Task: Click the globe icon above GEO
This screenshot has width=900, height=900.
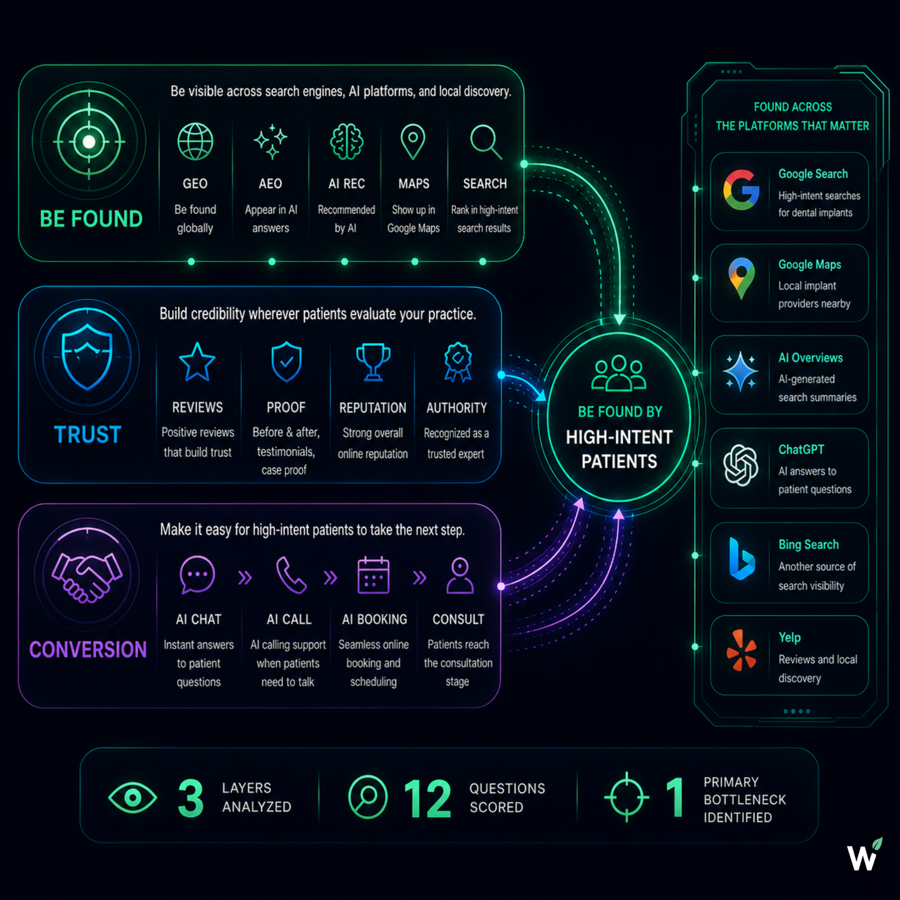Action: [195, 142]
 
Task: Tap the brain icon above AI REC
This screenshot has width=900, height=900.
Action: [346, 142]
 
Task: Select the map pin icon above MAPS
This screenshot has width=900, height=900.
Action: [413, 141]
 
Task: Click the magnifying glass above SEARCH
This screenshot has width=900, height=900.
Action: [485, 142]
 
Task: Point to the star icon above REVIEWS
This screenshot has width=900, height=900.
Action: [197, 362]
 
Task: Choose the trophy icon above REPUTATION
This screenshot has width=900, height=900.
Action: [373, 362]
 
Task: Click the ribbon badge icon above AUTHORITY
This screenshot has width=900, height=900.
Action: [458, 362]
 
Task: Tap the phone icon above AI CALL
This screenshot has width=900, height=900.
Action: [291, 575]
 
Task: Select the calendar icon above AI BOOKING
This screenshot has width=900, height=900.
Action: [373, 575]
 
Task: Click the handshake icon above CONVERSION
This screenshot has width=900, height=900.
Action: [87, 577]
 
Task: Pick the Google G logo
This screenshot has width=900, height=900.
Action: [741, 190]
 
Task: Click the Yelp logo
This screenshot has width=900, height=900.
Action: [741, 650]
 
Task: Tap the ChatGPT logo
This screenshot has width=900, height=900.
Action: [741, 465]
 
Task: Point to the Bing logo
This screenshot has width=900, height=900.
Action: [742, 559]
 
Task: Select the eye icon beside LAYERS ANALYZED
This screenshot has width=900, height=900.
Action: [133, 797]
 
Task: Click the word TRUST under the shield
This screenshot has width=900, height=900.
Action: [87, 435]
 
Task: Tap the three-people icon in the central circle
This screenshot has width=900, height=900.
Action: [619, 373]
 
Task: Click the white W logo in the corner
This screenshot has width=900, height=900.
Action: [863, 855]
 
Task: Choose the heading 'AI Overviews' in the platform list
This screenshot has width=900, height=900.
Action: [811, 358]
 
